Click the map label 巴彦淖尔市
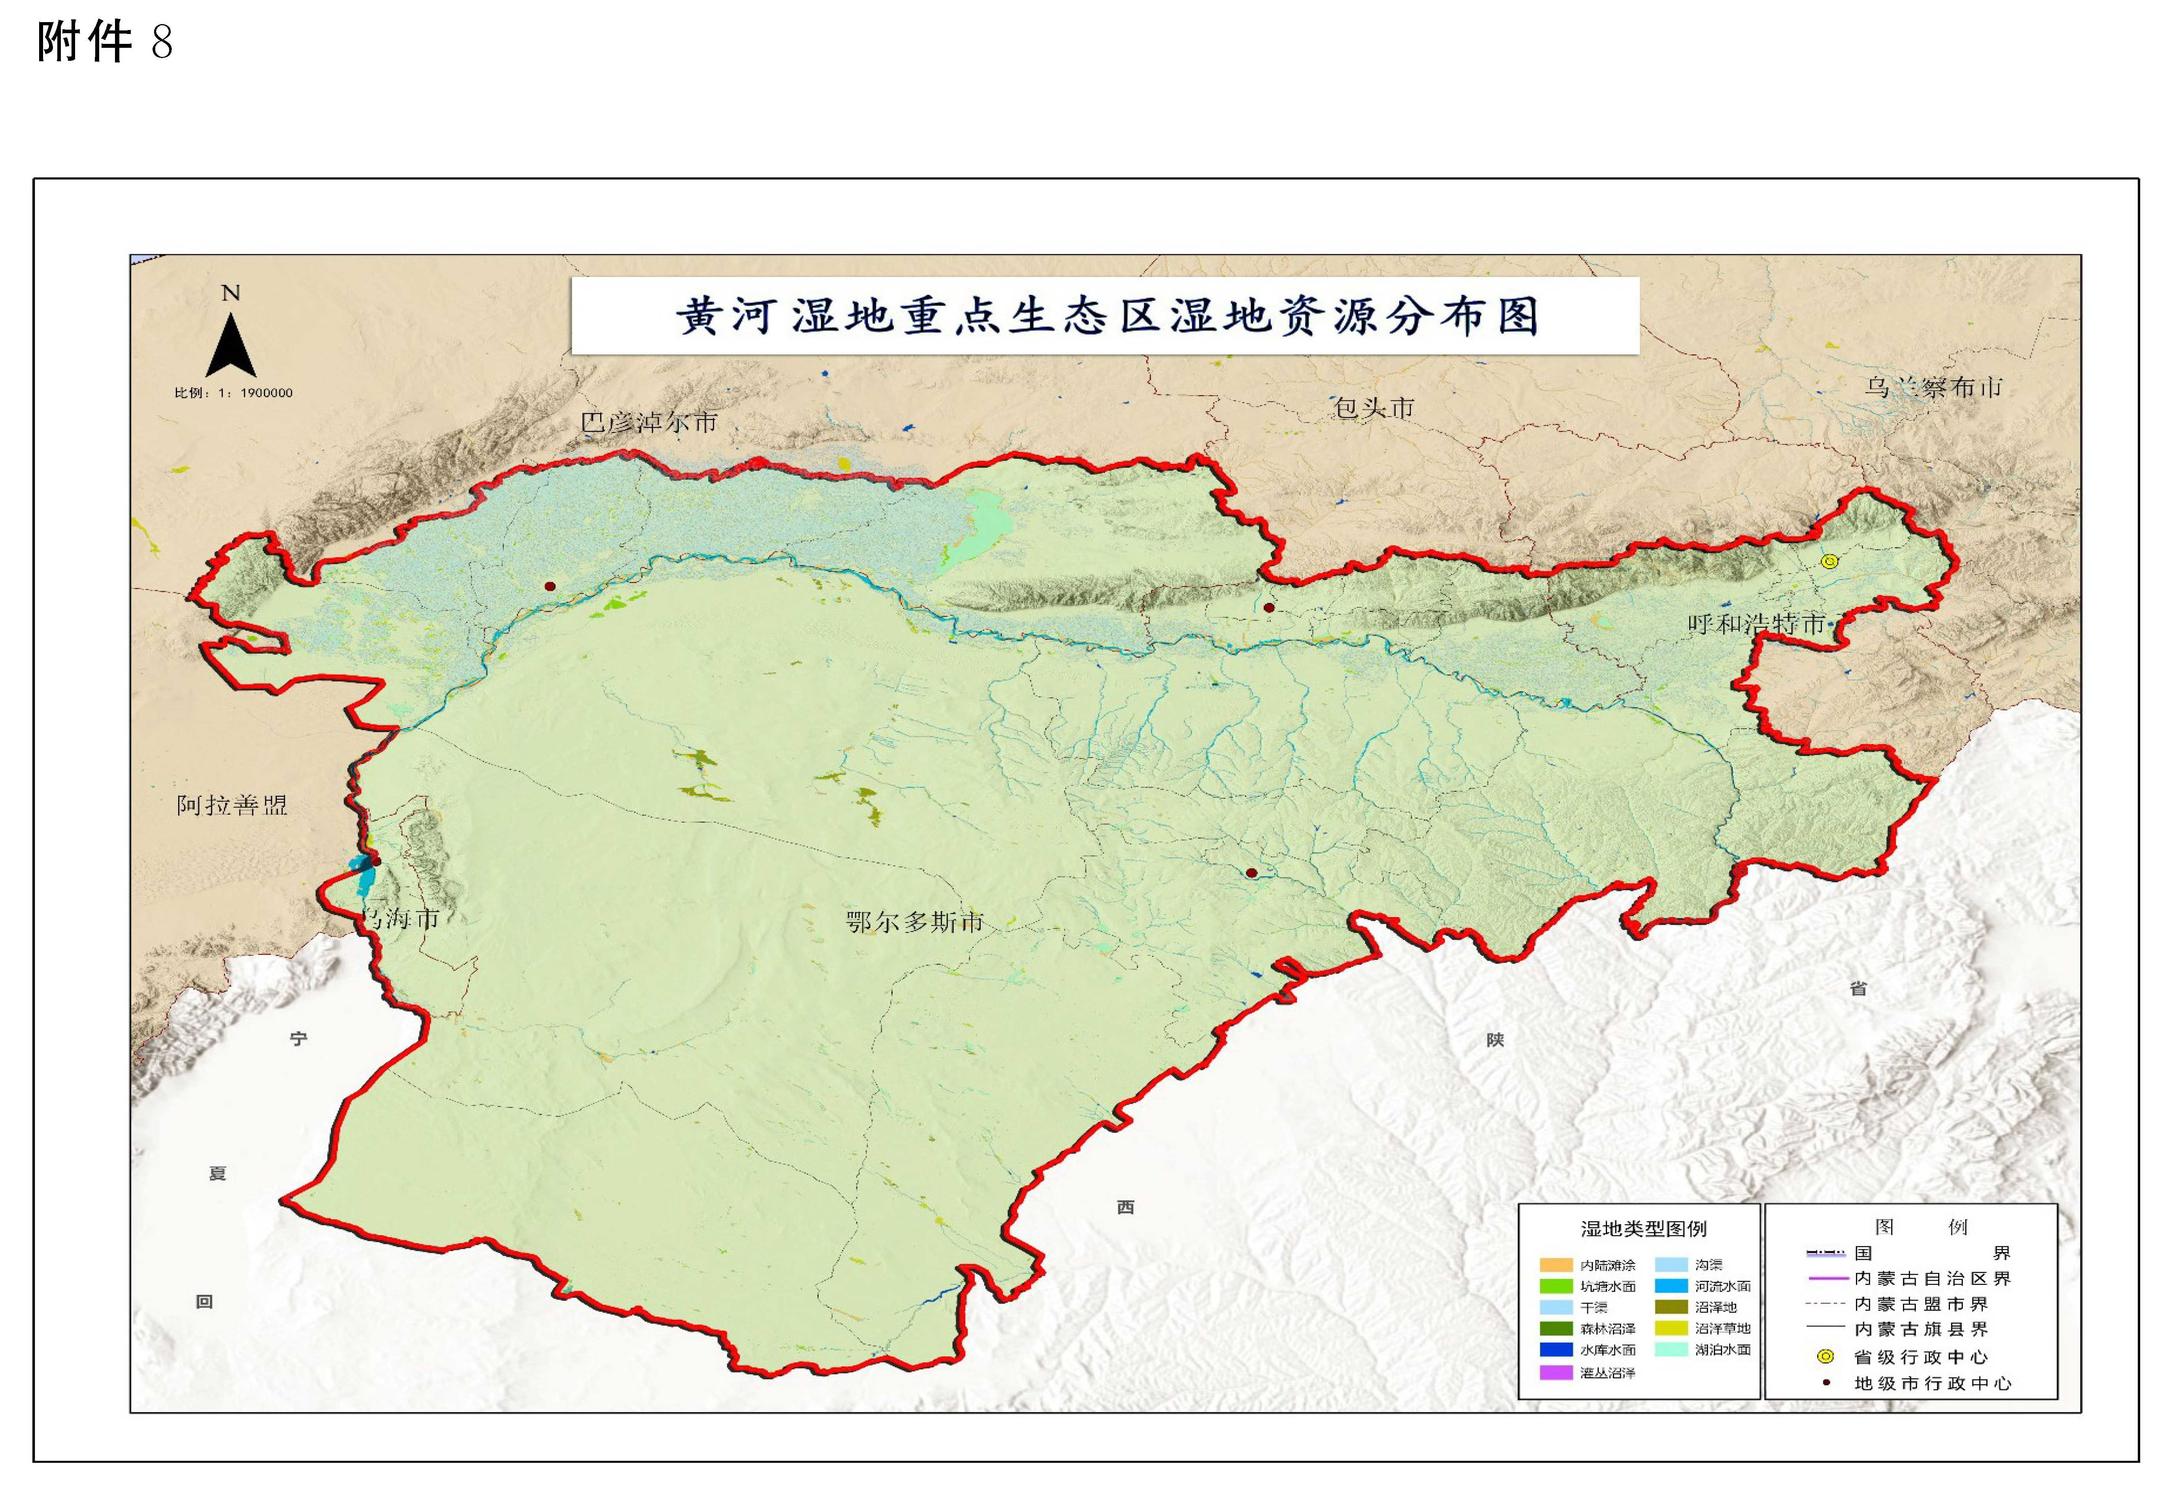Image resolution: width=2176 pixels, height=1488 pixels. [649, 422]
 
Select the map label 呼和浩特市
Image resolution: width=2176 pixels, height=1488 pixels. [1756, 623]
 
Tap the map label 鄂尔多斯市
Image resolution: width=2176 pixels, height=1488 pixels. [915, 922]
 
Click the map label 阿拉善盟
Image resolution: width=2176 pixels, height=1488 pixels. [231, 805]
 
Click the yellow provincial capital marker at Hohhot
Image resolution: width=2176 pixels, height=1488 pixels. [1829, 562]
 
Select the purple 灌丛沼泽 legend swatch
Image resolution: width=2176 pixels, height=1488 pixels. [1556, 1373]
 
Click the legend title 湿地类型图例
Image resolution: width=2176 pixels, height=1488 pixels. [1643, 1228]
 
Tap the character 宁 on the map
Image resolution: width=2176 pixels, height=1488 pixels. [299, 1038]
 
